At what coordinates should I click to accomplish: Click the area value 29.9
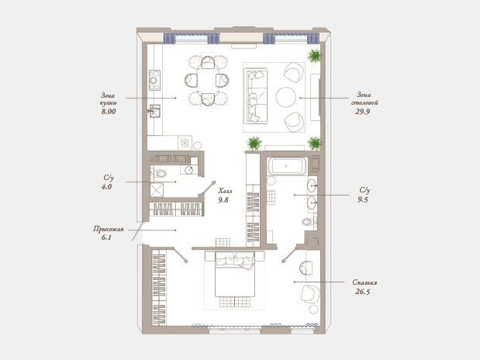pos(362,112)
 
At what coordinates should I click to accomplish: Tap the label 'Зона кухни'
pos(109,99)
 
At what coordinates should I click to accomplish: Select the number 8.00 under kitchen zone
pos(109,112)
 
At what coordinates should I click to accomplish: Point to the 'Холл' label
pos(225,191)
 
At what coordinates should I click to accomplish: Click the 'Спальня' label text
pos(364,282)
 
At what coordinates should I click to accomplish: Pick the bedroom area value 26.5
pos(363,292)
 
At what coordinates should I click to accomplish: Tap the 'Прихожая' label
pos(109,229)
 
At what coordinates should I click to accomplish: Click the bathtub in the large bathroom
pos(287,166)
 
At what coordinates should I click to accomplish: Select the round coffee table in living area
pos(286,97)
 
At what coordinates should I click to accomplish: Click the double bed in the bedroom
pos(235,274)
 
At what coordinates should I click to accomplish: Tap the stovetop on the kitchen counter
pos(154,80)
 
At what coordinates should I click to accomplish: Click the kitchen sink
pos(155,111)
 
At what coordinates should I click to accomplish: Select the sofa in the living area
pos(256,96)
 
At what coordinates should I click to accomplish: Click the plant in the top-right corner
pos(314,55)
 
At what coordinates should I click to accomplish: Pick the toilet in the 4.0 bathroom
pos(159,174)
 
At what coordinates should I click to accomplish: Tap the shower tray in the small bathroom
pos(157,190)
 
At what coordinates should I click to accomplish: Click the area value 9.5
pos(363,199)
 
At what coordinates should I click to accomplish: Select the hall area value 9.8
pos(223,200)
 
